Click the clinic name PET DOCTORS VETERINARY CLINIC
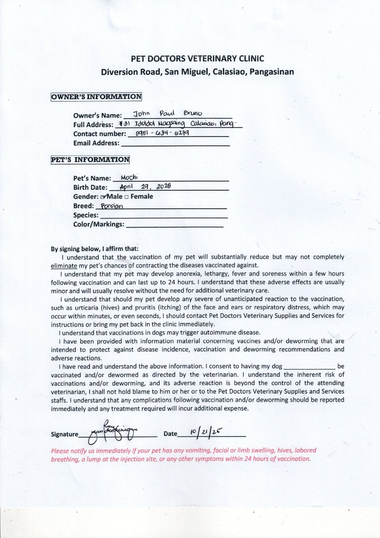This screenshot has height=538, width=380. point(197,58)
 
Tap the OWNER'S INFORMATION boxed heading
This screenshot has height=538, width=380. point(96,97)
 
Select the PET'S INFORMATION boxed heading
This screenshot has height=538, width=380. point(90,160)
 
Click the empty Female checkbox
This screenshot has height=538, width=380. point(127,197)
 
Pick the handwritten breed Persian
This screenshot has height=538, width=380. point(112,206)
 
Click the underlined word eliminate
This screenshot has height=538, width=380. point(63,266)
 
